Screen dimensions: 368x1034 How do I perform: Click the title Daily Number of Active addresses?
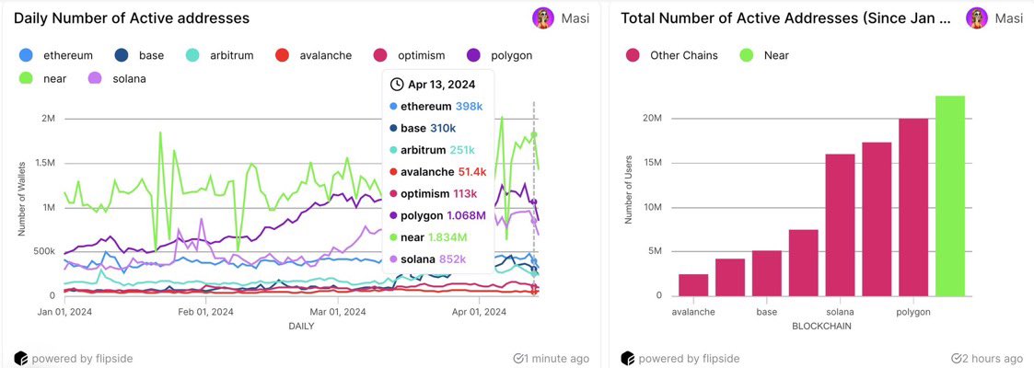(132, 18)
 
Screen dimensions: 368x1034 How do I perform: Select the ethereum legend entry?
(59, 55)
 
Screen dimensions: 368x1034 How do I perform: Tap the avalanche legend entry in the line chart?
(315, 55)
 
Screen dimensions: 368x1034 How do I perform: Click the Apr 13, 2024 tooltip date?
(437, 84)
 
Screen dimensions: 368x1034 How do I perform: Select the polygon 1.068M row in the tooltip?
(438, 216)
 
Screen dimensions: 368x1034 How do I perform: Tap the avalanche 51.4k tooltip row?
(437, 172)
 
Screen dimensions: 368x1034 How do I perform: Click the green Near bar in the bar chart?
(949, 196)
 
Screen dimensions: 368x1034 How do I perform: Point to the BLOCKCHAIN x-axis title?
(821, 326)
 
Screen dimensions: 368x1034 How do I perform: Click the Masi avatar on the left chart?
(543, 18)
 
